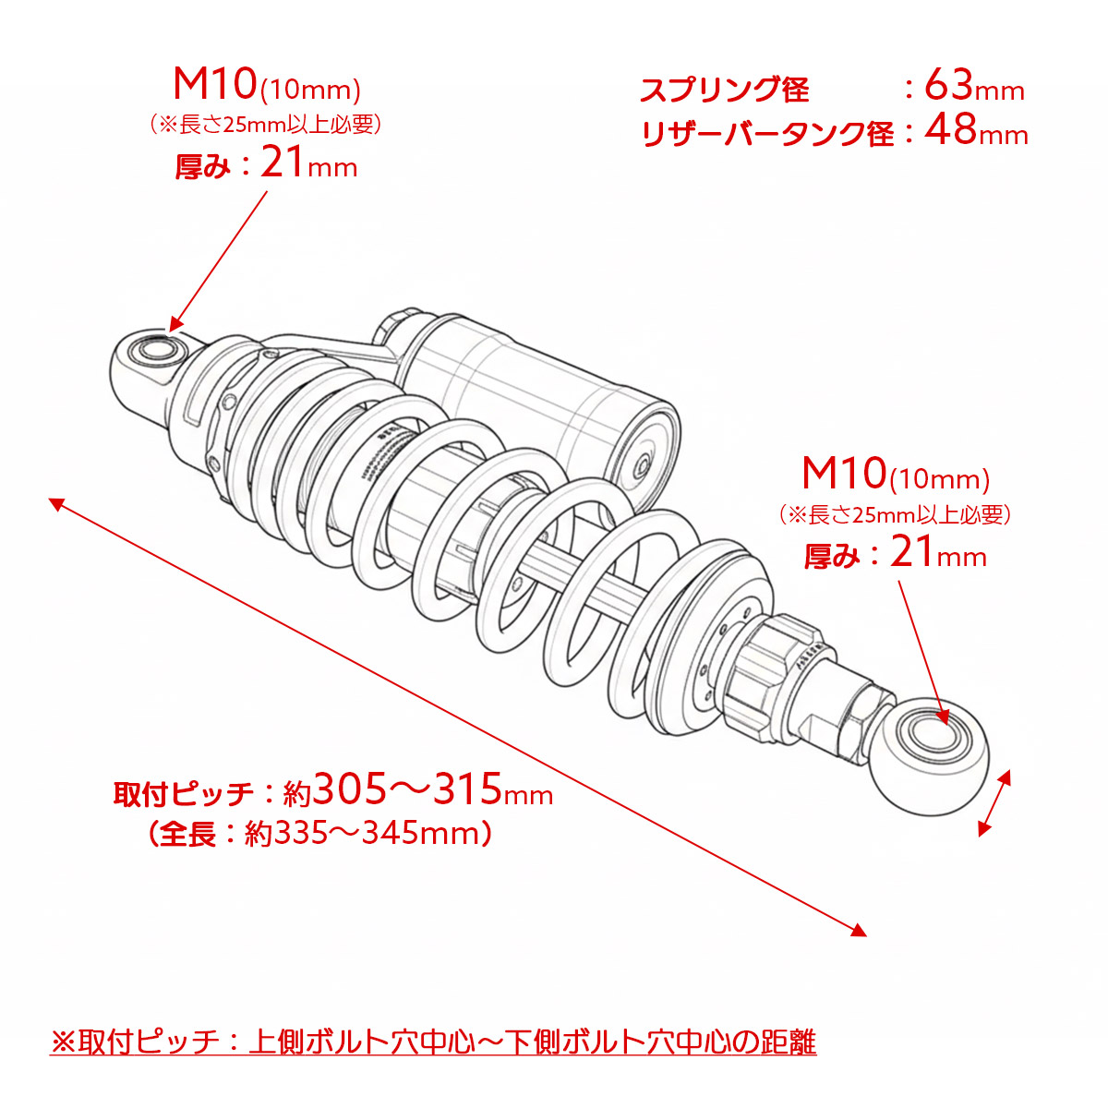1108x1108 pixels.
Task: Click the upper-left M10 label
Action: click(x=214, y=85)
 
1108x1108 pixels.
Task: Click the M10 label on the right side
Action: click(x=843, y=475)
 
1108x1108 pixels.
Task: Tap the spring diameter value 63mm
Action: click(x=973, y=87)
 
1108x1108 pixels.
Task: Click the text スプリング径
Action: click(x=724, y=90)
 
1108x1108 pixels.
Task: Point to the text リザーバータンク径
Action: click(x=767, y=134)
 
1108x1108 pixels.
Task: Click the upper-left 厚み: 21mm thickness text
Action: click(x=266, y=165)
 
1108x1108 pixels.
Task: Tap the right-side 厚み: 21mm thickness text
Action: click(x=895, y=555)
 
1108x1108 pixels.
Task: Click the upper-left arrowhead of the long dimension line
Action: click(x=55, y=503)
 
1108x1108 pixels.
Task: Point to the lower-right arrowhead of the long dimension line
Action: click(x=860, y=931)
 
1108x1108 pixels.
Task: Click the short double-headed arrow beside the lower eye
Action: click(x=994, y=803)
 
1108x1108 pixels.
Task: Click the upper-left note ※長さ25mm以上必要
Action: click(x=266, y=124)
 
